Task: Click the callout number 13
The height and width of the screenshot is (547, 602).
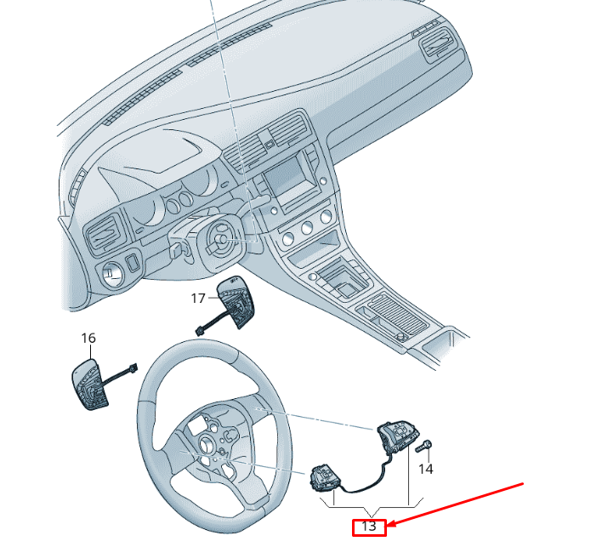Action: pyautogui.click(x=369, y=527)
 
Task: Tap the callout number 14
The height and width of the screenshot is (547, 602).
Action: pyautogui.click(x=425, y=469)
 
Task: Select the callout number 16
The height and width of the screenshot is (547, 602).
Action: pyautogui.click(x=88, y=339)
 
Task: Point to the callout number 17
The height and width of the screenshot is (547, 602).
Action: pyautogui.click(x=198, y=298)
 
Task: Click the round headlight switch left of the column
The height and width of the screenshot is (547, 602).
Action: pyautogui.click(x=112, y=274)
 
